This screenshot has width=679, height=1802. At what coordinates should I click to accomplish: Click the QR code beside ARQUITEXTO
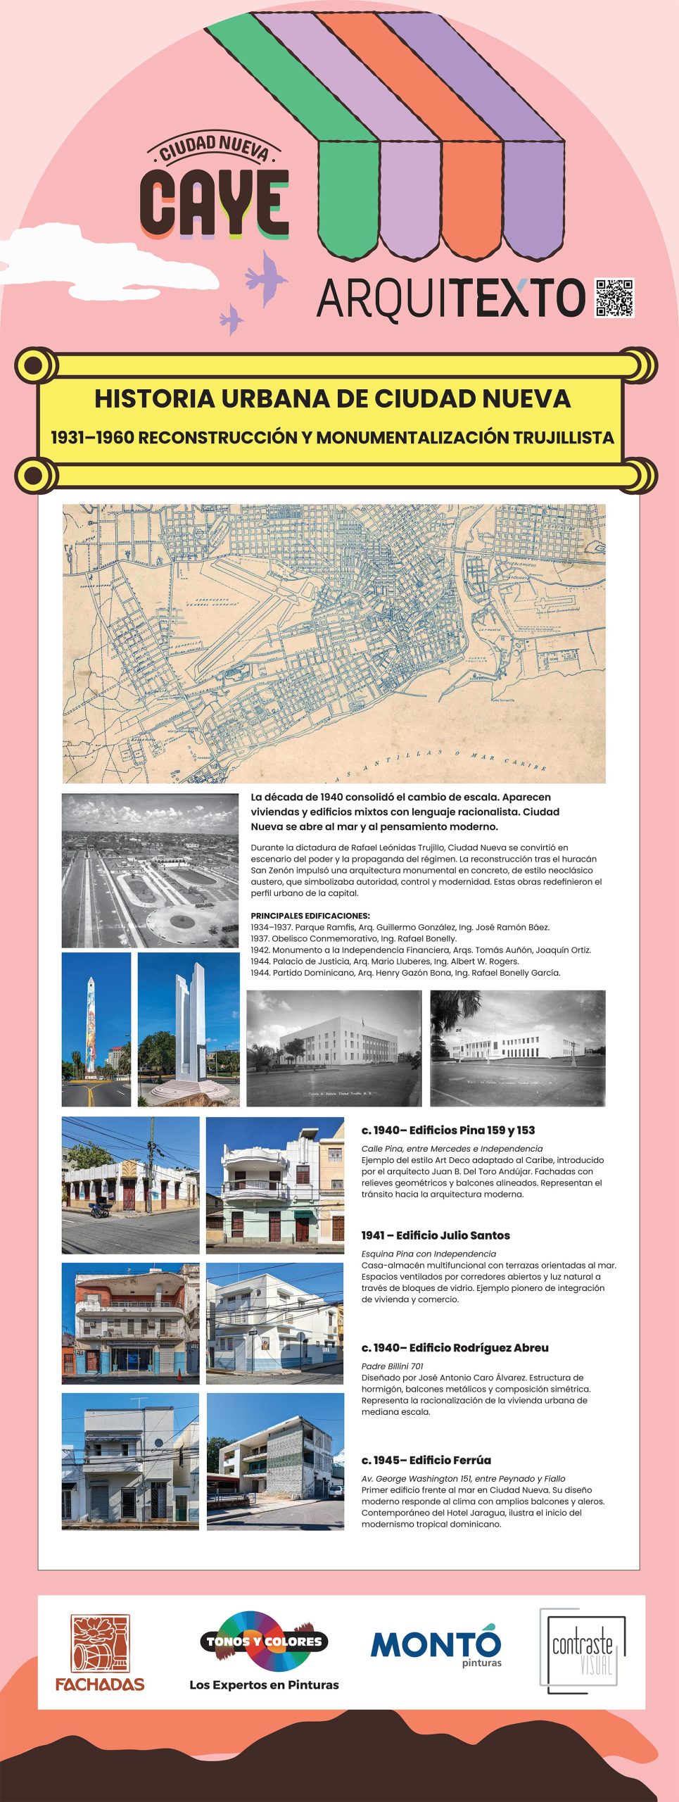(614, 298)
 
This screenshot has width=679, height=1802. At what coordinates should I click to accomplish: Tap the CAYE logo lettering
(215, 204)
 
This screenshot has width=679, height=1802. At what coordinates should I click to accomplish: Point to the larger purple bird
(267, 277)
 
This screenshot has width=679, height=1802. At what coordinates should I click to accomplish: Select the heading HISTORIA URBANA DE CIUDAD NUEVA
(332, 398)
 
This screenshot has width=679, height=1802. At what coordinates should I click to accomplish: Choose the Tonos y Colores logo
(264, 1642)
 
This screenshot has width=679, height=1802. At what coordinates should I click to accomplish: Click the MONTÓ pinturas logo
(436, 1646)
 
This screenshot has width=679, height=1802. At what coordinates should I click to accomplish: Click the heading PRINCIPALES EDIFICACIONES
(310, 916)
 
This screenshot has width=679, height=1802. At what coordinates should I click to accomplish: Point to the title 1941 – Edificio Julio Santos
(436, 1235)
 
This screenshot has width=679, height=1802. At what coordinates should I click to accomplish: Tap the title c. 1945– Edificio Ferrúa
(426, 1460)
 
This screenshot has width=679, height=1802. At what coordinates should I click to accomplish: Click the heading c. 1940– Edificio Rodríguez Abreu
(455, 1347)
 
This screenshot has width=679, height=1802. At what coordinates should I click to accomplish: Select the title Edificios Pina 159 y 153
(448, 1130)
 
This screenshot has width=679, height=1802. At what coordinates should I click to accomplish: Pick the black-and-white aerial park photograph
(151, 870)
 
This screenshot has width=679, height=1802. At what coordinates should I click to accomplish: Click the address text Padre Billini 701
(393, 1366)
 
